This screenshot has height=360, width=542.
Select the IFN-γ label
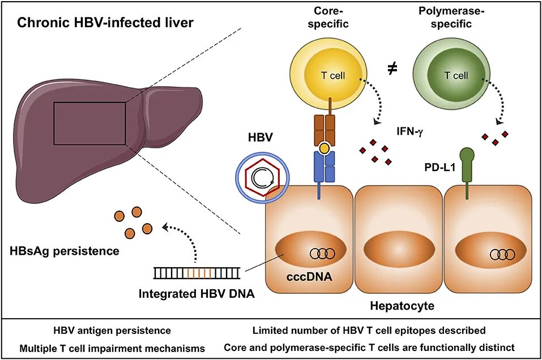point(411,131)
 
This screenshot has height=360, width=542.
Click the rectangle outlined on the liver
point(89,123)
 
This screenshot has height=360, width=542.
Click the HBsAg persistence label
point(64,250)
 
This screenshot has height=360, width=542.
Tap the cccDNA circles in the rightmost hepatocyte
point(502,254)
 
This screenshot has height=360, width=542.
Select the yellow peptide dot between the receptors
point(325,149)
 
